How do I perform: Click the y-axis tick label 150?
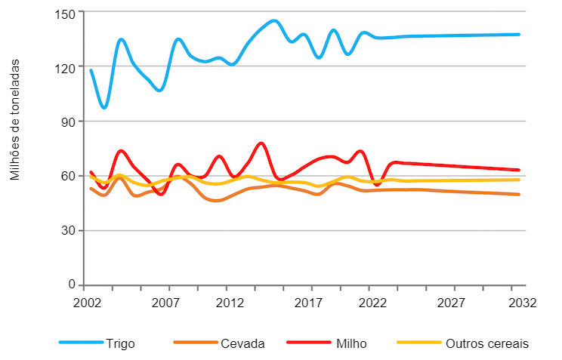(x=66, y=13)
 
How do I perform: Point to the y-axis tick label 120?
(x=66, y=67)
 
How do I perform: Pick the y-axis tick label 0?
(x=73, y=285)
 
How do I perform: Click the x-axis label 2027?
(x=451, y=303)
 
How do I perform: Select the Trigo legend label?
(x=122, y=343)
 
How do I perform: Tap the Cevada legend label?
(x=242, y=343)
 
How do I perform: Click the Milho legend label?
(x=353, y=343)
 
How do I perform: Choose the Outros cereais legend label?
(x=486, y=343)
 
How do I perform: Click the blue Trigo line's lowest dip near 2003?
(x=104, y=108)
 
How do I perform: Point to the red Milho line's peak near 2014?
(x=261, y=143)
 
